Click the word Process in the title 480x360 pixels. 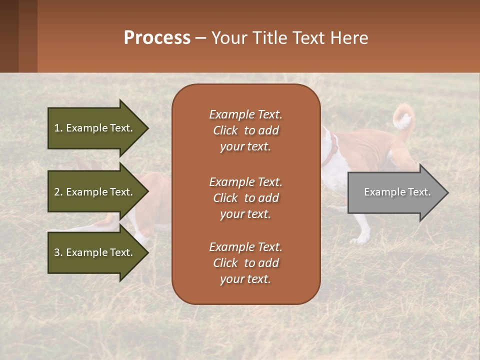(x=157, y=38)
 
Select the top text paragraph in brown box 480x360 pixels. (x=245, y=130)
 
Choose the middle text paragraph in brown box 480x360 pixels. (x=245, y=198)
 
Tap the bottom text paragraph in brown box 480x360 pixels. (x=245, y=263)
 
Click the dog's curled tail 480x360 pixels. (x=403, y=117)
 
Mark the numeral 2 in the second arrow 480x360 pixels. (x=57, y=192)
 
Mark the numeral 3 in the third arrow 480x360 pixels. (x=57, y=252)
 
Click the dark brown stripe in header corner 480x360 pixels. (x=9, y=36)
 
